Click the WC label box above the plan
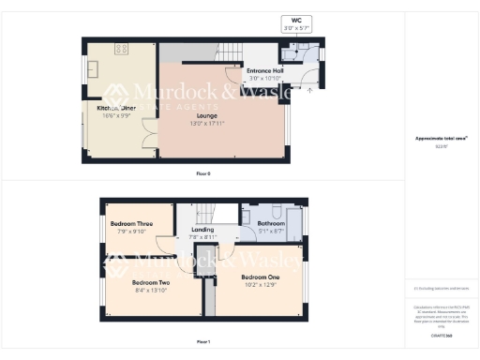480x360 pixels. point(295,24)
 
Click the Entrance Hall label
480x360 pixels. point(265,71)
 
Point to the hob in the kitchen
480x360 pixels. point(121,48)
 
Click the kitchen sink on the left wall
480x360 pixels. point(89,70)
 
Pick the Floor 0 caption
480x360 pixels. point(202,174)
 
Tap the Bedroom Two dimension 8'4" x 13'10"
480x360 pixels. point(151,290)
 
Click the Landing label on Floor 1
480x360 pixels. point(202,230)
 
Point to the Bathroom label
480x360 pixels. point(271,223)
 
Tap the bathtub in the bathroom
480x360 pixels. point(294,223)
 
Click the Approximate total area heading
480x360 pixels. point(441,139)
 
